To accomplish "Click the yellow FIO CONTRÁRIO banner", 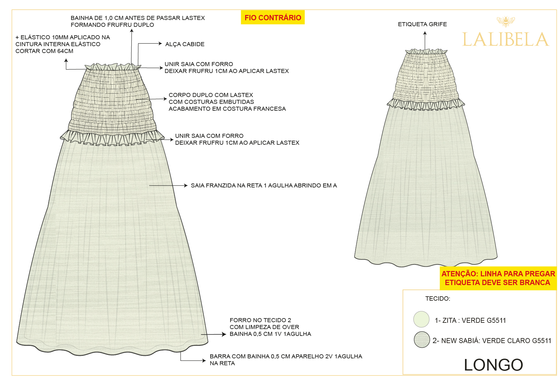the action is (x=273, y=17).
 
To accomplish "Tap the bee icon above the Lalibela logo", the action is (x=506, y=22).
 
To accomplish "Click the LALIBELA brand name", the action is (x=505, y=40).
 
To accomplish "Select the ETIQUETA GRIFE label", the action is (x=422, y=24).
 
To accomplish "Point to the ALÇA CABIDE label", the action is (x=185, y=44).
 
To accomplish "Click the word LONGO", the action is (x=493, y=365).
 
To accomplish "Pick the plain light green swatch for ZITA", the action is (x=421, y=319).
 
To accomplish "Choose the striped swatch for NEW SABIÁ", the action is (x=422, y=340).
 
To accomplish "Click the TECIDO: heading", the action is (x=438, y=299).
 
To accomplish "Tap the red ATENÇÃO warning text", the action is (x=498, y=278).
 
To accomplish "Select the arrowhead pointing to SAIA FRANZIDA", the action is (x=186, y=186).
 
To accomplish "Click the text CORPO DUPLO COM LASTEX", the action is (x=211, y=95).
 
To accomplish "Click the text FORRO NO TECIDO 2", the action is (x=260, y=320).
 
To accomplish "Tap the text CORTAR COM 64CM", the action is (x=44, y=51).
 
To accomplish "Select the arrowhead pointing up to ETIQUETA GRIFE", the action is (x=425, y=33).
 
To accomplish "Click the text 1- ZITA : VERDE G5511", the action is (x=470, y=321).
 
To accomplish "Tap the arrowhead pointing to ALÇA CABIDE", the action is (x=160, y=44).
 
